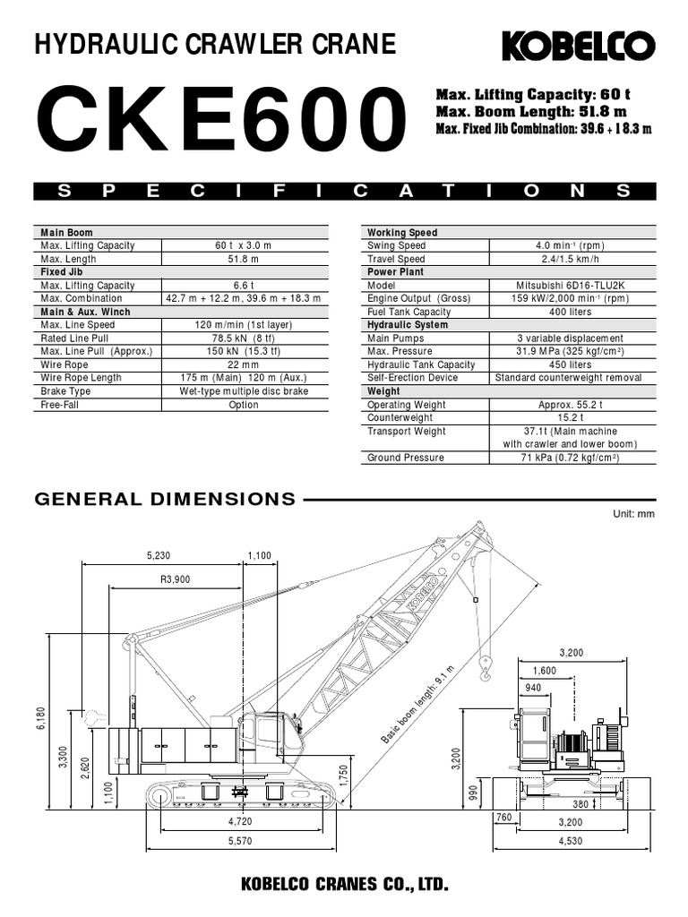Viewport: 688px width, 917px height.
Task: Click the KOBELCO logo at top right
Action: (x=579, y=46)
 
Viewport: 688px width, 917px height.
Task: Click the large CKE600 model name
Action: (x=222, y=119)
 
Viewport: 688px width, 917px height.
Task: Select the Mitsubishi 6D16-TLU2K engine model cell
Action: (x=571, y=286)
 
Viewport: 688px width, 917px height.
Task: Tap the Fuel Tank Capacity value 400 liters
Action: (x=571, y=312)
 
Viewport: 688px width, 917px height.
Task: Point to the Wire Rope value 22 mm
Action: (x=244, y=364)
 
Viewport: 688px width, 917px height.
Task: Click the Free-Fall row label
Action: (x=59, y=405)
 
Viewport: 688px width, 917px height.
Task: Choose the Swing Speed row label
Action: (x=396, y=245)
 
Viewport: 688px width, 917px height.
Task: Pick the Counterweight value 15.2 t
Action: (x=571, y=417)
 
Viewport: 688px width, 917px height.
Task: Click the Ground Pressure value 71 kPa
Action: (x=571, y=458)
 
